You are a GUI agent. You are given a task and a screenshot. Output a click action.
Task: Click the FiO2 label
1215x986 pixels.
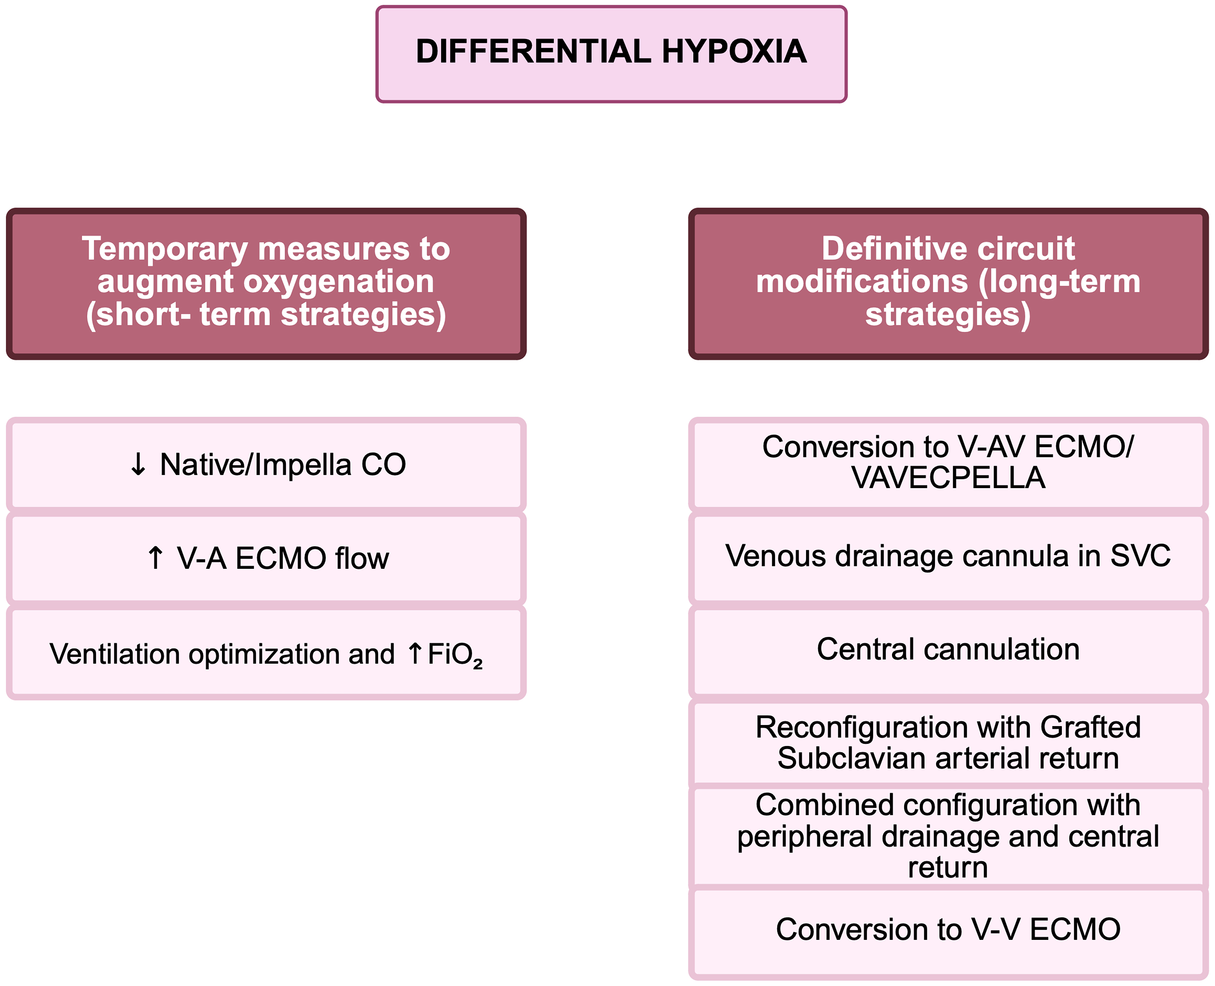[455, 654]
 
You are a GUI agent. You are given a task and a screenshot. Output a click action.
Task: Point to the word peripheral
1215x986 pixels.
[804, 836]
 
